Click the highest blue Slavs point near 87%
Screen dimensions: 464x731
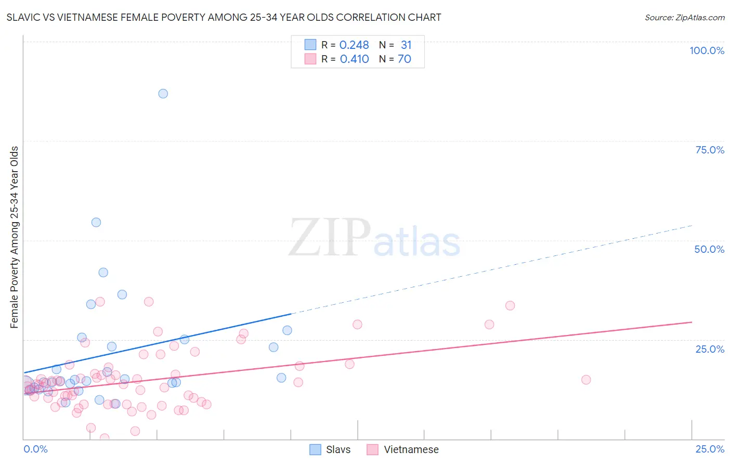click(163, 94)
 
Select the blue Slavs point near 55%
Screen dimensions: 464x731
click(96, 222)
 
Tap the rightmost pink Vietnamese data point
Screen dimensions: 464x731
click(586, 380)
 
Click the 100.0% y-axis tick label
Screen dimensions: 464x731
click(707, 50)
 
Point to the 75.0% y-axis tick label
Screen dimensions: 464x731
click(710, 150)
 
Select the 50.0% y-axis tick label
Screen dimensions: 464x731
click(709, 249)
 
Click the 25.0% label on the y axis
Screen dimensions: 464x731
click(710, 349)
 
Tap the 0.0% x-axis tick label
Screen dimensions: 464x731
click(35, 449)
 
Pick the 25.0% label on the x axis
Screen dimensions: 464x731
click(710, 449)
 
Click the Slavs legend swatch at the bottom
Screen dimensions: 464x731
click(315, 449)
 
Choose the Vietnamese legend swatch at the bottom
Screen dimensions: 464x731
click(372, 449)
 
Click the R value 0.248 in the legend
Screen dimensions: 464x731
click(354, 45)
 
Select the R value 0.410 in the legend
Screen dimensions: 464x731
click(354, 59)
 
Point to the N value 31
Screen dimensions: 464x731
click(406, 45)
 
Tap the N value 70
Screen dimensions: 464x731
click(404, 59)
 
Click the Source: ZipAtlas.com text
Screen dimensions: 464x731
click(684, 18)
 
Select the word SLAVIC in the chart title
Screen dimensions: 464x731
click(24, 18)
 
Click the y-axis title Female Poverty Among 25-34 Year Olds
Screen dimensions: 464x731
click(15, 237)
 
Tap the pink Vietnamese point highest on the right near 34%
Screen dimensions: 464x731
click(510, 305)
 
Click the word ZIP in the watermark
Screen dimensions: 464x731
click(329, 238)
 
